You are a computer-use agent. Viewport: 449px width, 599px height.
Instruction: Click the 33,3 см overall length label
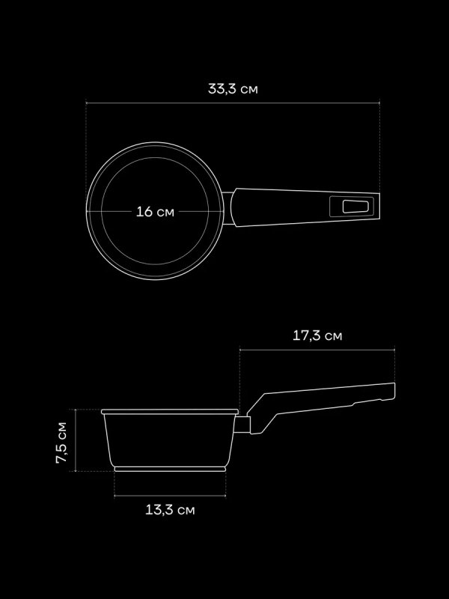pos(233,88)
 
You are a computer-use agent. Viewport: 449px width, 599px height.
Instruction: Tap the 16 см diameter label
pos(155,212)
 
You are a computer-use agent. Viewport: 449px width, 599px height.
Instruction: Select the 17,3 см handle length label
pos(317,335)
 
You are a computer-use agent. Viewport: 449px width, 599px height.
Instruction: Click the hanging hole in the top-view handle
pos(352,206)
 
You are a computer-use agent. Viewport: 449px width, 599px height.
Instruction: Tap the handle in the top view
pos(299,206)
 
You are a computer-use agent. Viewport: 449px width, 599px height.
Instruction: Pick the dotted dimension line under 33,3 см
pos(233,103)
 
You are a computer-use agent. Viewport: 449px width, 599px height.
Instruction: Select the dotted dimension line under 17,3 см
pos(317,350)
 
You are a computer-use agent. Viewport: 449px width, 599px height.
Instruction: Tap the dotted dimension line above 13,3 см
pos(170,496)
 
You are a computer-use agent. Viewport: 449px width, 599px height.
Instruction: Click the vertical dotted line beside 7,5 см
pos(76,442)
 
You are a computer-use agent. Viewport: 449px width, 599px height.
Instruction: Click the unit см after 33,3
pos(250,88)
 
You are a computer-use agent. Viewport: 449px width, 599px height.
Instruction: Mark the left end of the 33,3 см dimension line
pos(87,103)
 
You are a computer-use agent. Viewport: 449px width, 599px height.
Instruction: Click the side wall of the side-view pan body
pos(107,442)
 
